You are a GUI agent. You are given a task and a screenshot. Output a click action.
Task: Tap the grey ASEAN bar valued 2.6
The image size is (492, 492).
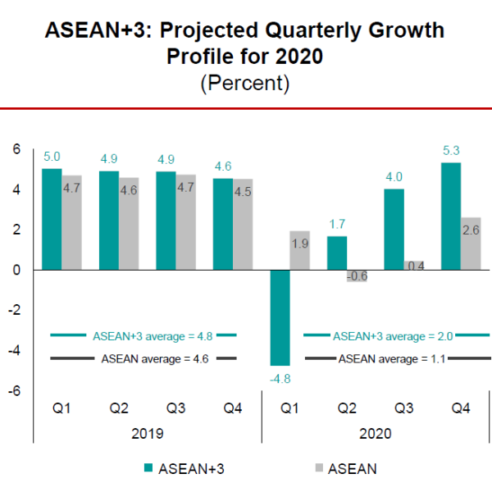(470, 244)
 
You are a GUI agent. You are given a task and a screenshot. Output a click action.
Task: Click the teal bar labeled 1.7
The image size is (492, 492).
(338, 253)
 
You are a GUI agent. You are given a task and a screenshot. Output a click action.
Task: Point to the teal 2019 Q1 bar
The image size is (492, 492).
(52, 219)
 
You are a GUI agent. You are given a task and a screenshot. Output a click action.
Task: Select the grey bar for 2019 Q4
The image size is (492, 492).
(242, 224)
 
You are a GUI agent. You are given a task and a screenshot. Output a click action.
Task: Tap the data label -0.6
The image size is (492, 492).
(357, 276)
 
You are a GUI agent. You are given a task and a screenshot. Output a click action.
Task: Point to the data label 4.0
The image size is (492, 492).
(394, 176)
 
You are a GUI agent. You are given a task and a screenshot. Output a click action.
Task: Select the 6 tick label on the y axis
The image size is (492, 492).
(16, 148)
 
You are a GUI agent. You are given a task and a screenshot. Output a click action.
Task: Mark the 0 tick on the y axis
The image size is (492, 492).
(16, 270)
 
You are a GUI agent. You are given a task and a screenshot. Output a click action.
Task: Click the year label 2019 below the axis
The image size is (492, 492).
(146, 434)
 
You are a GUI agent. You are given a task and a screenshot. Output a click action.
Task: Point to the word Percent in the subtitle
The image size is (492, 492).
(245, 84)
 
